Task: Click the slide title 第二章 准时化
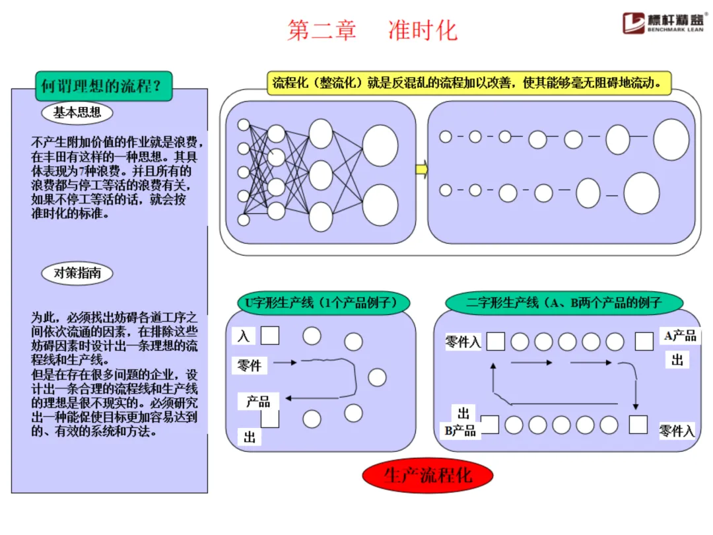pyautogui.click(x=372, y=30)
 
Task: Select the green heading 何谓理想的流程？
pyautogui.click(x=103, y=86)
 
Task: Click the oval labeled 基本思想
pyautogui.click(x=77, y=112)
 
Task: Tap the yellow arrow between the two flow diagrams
pyautogui.click(x=421, y=170)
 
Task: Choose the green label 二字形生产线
pyautogui.click(x=563, y=303)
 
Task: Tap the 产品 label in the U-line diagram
pyautogui.click(x=258, y=401)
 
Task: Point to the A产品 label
pyautogui.click(x=680, y=336)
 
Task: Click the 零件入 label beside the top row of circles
pyautogui.click(x=463, y=341)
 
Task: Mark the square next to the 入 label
pyautogui.click(x=269, y=336)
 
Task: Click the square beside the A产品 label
pyautogui.click(x=644, y=341)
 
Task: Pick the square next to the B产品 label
pyautogui.click(x=489, y=425)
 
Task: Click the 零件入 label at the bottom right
pyautogui.click(x=677, y=431)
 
